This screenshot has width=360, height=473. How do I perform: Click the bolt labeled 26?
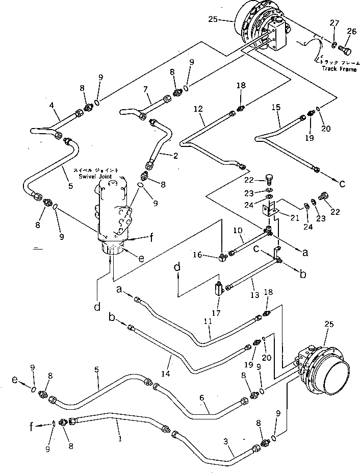click(x=345, y=51)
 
